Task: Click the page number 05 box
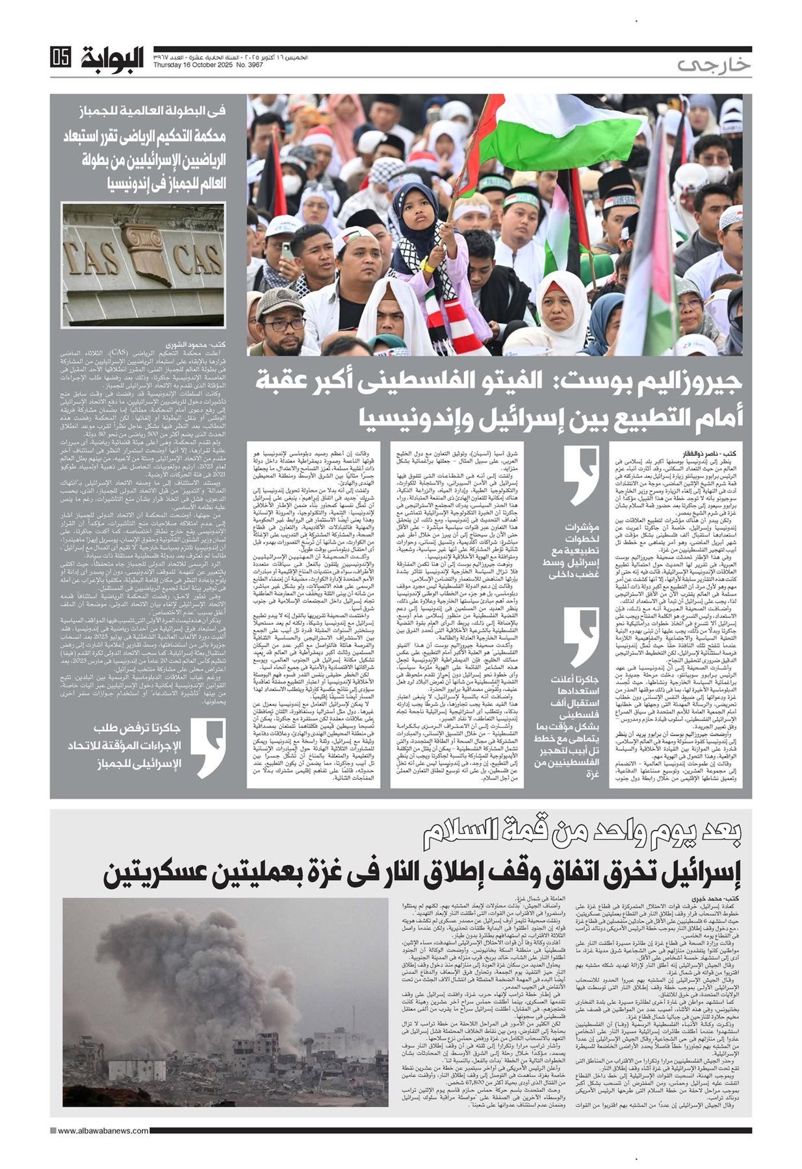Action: point(60,58)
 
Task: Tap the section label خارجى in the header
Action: point(712,65)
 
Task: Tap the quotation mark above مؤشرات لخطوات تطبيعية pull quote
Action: point(580,468)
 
